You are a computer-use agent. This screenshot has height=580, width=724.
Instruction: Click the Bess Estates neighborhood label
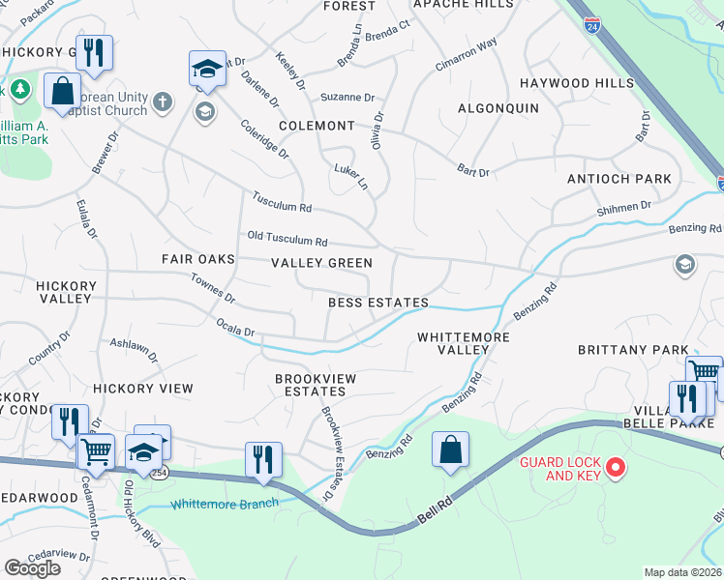point(377,303)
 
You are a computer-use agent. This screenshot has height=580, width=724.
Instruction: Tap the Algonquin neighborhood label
point(498,108)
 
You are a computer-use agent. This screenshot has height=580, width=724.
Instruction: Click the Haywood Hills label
point(576,84)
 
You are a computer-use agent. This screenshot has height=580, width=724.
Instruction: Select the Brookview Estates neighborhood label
point(310,385)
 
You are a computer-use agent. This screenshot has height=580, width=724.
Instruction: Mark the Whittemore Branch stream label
point(225,504)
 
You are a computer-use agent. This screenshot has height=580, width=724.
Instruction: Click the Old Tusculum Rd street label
point(287,238)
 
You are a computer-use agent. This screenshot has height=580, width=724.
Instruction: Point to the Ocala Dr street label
point(235,328)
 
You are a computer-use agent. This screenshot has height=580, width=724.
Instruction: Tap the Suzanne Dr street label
point(347,98)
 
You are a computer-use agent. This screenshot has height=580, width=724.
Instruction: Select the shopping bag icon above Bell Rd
point(450,449)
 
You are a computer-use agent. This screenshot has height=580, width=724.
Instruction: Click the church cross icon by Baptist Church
point(162,101)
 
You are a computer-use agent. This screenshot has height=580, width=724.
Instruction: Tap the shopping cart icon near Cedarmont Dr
point(96,449)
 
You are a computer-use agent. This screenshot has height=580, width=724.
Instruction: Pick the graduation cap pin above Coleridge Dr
point(207,69)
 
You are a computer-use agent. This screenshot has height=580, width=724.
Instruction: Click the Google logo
point(33,568)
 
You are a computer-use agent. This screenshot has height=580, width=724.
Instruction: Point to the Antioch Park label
point(633,179)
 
